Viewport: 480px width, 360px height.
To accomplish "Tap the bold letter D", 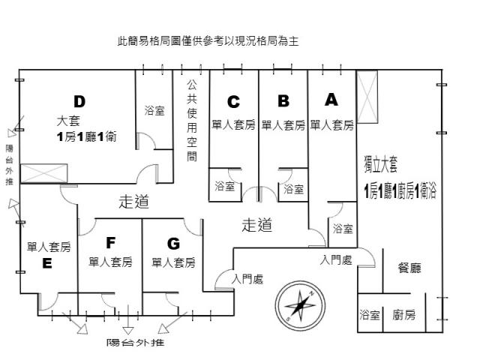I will [x=80, y=101].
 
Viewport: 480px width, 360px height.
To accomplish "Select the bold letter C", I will [x=233, y=101].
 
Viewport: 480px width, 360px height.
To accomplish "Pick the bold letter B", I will [x=283, y=100].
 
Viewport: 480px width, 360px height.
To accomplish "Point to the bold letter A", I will [x=331, y=99].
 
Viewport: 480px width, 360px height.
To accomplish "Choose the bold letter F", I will [x=110, y=243].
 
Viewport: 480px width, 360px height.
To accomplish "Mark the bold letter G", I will [x=173, y=243].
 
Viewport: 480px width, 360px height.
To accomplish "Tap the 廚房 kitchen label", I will [x=404, y=316].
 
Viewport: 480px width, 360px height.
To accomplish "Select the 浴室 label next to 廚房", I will [x=370, y=316].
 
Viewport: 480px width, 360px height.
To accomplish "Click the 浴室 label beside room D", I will [x=154, y=111].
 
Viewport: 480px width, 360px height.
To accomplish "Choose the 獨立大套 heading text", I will [x=382, y=163].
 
